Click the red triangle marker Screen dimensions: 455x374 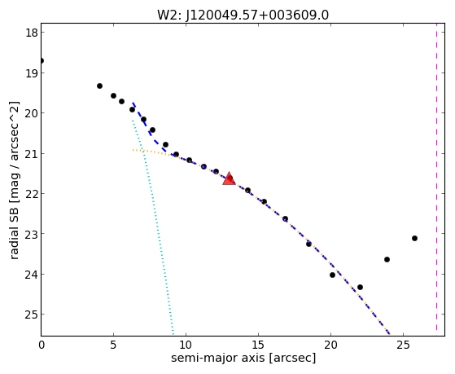229,179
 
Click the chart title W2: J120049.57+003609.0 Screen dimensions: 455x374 243,15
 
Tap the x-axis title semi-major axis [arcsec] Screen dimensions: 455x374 243,358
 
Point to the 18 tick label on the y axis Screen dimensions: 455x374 31,33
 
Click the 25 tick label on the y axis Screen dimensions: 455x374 31,315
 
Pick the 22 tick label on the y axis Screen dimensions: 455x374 31,194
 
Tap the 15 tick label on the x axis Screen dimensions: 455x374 258,345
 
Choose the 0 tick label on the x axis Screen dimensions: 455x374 42,345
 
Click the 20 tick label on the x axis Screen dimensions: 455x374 330,345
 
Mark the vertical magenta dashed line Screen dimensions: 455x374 436,180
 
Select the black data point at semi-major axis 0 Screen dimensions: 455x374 42,61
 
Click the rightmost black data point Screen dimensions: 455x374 414,238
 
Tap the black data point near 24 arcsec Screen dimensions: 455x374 387,259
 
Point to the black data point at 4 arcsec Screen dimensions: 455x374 99,86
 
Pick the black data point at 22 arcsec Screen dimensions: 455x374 360,287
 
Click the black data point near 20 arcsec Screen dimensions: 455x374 333,275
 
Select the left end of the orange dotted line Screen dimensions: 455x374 133,150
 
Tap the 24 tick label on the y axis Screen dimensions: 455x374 31,275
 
